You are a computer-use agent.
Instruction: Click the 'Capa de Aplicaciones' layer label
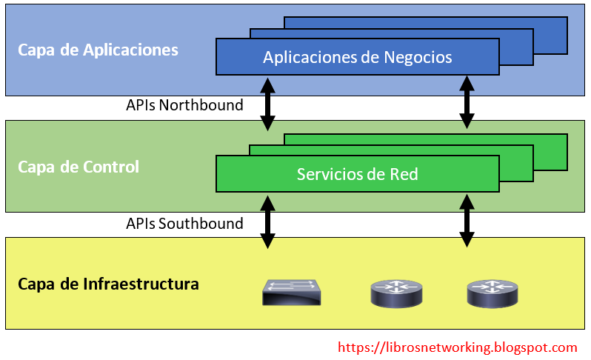(98, 50)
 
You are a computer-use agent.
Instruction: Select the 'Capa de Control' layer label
(79, 167)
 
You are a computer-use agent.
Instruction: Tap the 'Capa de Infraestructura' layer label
(108, 284)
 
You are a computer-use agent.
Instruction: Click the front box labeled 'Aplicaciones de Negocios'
(358, 57)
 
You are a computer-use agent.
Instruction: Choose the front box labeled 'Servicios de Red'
(358, 174)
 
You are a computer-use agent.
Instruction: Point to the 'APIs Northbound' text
(184, 105)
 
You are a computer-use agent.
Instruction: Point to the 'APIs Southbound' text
(184, 223)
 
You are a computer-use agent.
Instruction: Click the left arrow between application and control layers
(267, 104)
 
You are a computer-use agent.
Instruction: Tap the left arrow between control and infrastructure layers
(267, 221)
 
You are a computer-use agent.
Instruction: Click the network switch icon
(291, 292)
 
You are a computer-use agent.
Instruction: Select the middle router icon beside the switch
(395, 293)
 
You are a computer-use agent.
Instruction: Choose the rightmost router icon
(492, 293)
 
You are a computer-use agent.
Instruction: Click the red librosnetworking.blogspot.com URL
(457, 347)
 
